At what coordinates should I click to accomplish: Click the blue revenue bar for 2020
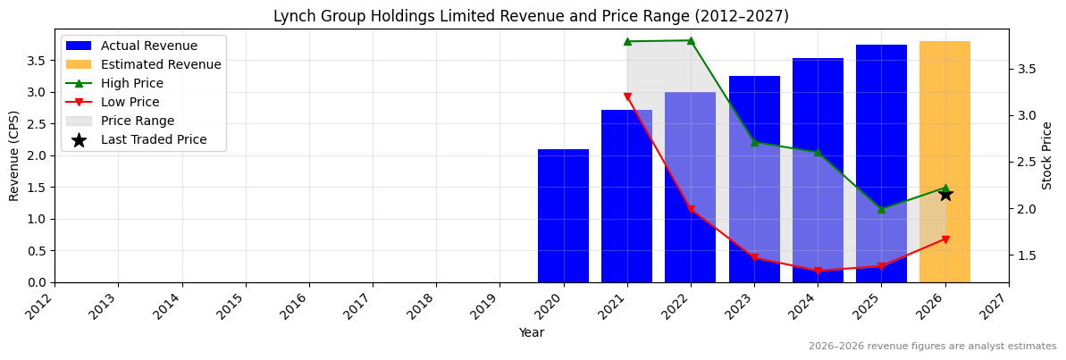(563, 215)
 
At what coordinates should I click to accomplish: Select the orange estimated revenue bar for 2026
(944, 162)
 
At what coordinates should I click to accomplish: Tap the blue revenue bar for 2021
(626, 196)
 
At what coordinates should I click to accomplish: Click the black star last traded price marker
(945, 194)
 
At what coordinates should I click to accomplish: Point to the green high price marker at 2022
(691, 40)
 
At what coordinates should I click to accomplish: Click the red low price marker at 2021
(627, 96)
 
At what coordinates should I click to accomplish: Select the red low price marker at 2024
(818, 271)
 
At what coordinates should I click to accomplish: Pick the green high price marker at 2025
(881, 209)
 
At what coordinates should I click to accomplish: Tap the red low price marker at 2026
(945, 239)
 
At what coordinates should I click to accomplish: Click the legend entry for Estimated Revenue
(161, 64)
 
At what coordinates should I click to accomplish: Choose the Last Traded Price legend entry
(154, 139)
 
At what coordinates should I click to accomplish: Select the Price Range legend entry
(138, 121)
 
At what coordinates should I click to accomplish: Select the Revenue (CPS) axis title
(14, 155)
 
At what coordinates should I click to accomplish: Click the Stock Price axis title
(1047, 155)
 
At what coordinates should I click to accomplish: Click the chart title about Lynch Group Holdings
(531, 16)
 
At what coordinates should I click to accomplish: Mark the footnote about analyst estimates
(932, 347)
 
